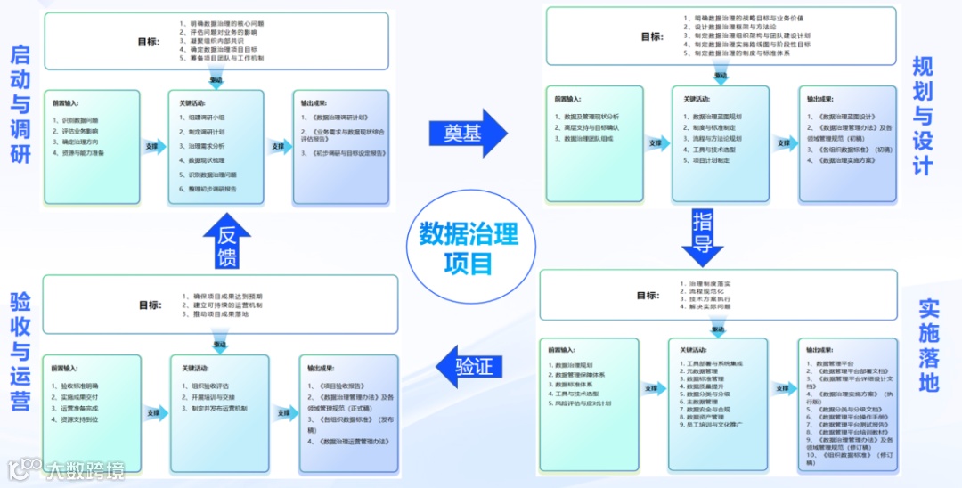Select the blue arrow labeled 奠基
click(x=473, y=134)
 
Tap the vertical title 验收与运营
click(x=20, y=351)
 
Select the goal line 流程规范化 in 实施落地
click(x=705, y=290)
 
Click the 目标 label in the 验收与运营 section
click(x=150, y=305)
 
